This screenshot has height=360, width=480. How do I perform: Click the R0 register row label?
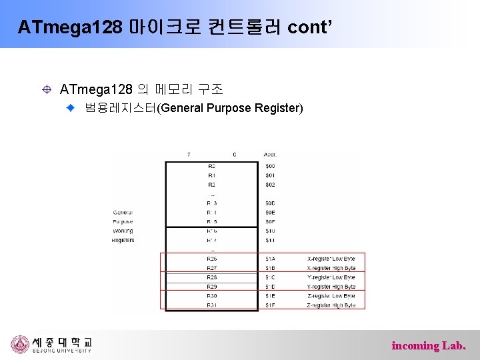click(211, 166)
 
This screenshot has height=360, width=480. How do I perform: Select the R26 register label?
click(211, 259)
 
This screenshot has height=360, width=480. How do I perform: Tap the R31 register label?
click(211, 305)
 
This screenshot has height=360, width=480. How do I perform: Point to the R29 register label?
click(211, 287)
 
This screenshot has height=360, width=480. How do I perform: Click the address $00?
click(270, 166)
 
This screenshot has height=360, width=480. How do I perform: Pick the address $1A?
click(270, 259)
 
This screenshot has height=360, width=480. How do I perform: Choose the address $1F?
click(270, 305)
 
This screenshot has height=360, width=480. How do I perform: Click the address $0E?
click(270, 213)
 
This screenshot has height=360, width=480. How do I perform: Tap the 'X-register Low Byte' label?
click(331, 259)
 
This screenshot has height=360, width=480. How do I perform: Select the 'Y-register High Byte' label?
click(331, 287)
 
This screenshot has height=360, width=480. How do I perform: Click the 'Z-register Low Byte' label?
click(331, 296)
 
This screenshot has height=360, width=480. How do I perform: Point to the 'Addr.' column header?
click(271, 155)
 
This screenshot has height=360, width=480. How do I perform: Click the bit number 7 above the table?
click(189, 155)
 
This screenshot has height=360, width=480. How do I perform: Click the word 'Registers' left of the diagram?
click(123, 240)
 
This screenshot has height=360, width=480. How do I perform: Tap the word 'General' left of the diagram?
click(123, 213)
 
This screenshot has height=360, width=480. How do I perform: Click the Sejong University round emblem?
click(20, 344)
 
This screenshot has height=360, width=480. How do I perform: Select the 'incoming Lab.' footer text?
click(429, 345)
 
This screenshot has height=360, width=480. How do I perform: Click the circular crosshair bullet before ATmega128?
click(47, 89)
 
